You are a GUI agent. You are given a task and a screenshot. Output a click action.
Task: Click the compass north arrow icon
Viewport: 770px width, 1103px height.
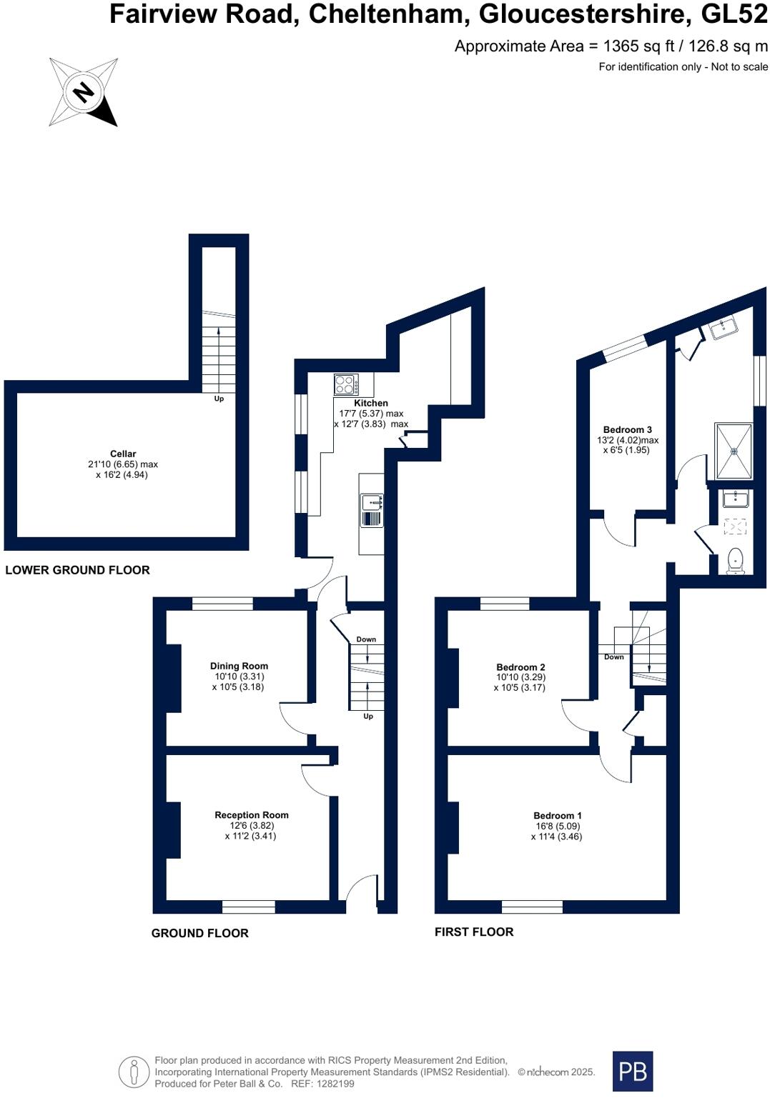(x=84, y=92)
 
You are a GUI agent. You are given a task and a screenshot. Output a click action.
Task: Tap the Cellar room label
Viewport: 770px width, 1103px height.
(x=123, y=454)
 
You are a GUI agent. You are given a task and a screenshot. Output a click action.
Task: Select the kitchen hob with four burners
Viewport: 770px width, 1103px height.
(x=347, y=385)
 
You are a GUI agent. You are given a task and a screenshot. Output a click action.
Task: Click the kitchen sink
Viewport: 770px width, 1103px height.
(x=371, y=510)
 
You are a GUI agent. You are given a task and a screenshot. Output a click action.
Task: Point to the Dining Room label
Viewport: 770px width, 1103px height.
(x=239, y=666)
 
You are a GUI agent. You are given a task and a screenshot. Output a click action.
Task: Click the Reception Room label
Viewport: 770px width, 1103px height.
(x=252, y=815)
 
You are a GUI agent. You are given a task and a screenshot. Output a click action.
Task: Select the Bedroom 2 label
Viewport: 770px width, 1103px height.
(x=520, y=667)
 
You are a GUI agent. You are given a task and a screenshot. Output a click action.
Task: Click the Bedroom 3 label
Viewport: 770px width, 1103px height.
(x=627, y=430)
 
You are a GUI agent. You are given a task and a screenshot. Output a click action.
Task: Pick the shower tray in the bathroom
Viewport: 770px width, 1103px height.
(x=734, y=451)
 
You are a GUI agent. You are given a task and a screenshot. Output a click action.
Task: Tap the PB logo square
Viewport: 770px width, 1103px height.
(x=633, y=1071)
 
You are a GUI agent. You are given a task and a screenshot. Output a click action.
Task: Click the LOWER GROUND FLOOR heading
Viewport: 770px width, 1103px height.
(x=77, y=570)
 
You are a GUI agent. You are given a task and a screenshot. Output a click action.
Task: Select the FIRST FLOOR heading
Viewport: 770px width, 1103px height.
(x=474, y=932)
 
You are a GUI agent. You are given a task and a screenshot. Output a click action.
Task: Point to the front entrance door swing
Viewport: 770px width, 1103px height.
(x=362, y=889)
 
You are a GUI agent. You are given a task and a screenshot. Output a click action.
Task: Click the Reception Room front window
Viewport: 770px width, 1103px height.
(x=248, y=907)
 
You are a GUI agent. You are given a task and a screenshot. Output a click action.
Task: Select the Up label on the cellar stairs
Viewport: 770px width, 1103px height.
(x=219, y=399)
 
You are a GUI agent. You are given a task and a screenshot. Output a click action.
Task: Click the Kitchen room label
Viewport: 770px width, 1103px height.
(x=371, y=404)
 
